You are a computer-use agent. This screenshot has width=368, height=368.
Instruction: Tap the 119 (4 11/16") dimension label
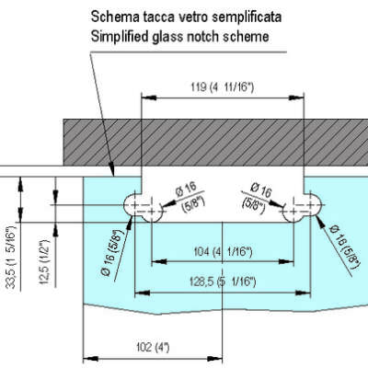223,87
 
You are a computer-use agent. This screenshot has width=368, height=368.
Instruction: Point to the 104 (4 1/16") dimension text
223,252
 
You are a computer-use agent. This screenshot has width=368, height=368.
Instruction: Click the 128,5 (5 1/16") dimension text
223,282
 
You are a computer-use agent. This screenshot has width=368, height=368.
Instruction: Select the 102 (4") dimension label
153,348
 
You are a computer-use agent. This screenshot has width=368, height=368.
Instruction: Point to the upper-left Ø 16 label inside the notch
188,196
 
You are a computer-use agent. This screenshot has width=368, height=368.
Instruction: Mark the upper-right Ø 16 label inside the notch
258,197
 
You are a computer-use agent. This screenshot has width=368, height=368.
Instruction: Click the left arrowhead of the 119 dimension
149,98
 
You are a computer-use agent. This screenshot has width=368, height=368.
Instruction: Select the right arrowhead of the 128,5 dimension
303,293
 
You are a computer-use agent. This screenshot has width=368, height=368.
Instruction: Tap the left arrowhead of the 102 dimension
91,358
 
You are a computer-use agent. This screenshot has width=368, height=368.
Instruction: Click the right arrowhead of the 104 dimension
286,261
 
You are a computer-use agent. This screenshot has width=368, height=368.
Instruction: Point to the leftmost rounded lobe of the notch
132,204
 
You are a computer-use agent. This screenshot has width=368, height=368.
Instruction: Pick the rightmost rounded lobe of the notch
314,204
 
